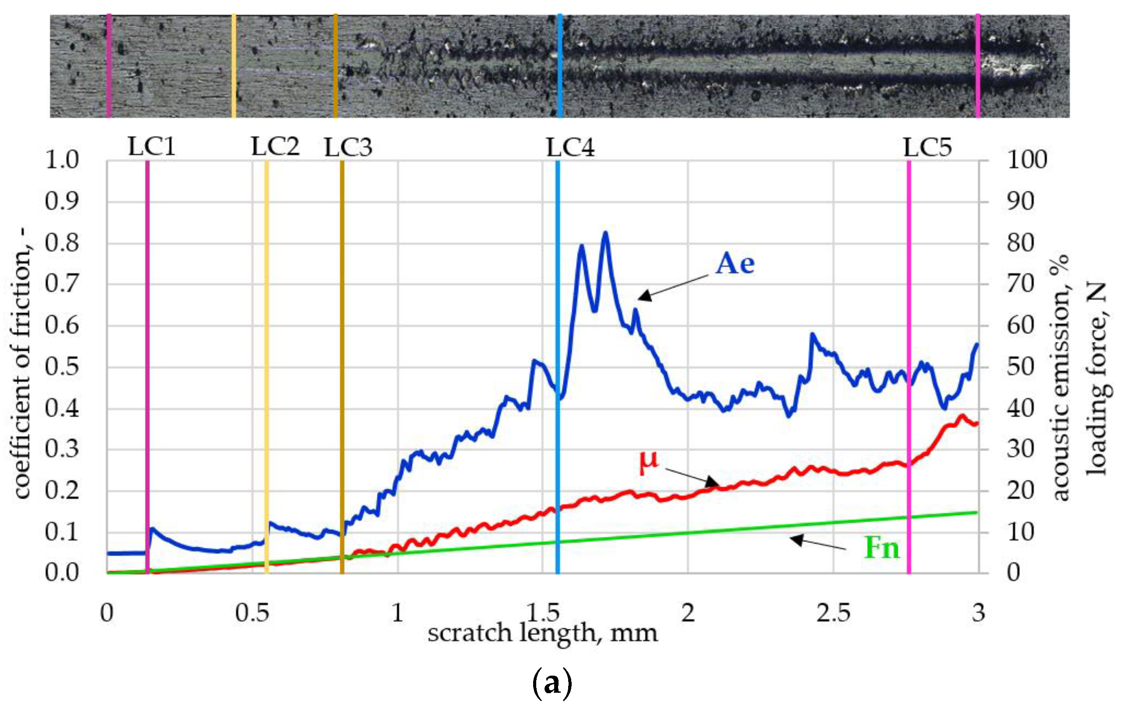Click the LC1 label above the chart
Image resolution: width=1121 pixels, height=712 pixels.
click(x=152, y=147)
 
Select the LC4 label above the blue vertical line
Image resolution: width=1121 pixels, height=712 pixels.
click(x=570, y=148)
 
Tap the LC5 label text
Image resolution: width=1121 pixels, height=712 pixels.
click(x=928, y=148)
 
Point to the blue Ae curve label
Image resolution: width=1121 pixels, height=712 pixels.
click(x=735, y=264)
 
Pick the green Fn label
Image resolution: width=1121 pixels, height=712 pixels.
click(x=882, y=548)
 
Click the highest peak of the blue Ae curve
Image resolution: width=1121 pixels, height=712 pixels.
click(x=606, y=233)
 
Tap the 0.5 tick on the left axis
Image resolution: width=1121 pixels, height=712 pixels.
click(x=62, y=367)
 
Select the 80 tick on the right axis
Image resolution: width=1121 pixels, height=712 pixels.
click(x=1021, y=243)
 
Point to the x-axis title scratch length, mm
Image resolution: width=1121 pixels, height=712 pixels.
click(x=542, y=633)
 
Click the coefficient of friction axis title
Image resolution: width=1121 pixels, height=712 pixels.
click(x=21, y=363)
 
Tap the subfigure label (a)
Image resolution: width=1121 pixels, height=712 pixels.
click(x=552, y=683)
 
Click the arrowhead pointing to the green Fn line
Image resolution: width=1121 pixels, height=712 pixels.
click(x=796, y=540)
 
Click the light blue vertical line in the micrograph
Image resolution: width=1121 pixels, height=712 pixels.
click(x=559, y=65)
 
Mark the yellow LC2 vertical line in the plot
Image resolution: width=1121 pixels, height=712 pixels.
click(x=267, y=373)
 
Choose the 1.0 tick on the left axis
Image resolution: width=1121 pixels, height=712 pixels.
click(x=62, y=160)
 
